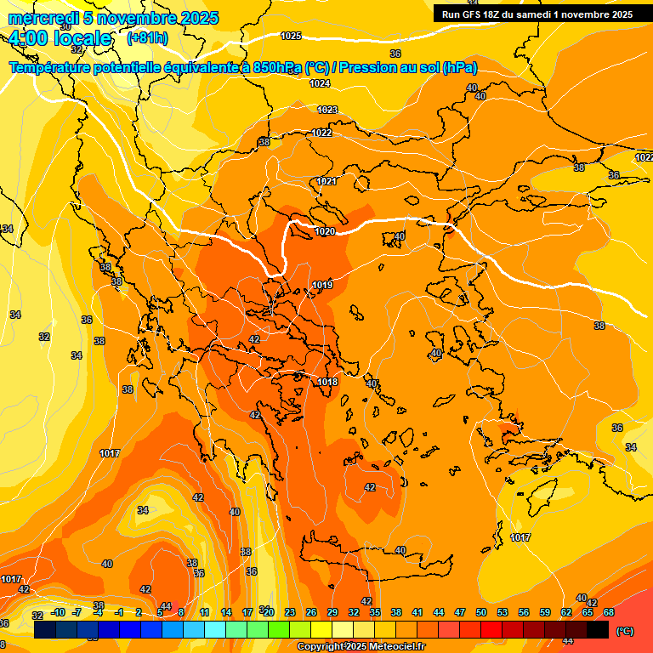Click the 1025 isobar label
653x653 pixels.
[x=292, y=36]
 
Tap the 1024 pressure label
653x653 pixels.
[x=320, y=83]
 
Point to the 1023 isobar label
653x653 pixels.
[x=327, y=110]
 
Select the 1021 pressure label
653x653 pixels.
[x=326, y=181]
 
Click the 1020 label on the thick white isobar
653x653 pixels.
[x=325, y=231]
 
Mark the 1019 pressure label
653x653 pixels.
[x=322, y=285]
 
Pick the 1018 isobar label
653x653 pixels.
[x=327, y=382]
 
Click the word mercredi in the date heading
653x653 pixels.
[x=43, y=18]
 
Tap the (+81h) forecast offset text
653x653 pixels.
[x=147, y=38]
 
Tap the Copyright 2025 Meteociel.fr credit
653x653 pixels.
[x=361, y=647]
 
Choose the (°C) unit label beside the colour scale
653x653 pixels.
[x=624, y=631]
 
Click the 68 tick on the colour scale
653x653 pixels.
[x=609, y=612]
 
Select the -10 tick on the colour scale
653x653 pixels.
[x=58, y=612]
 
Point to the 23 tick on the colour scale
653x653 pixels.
[x=290, y=612]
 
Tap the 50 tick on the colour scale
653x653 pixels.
[x=481, y=612]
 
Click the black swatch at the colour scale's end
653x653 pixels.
[x=598, y=630]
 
